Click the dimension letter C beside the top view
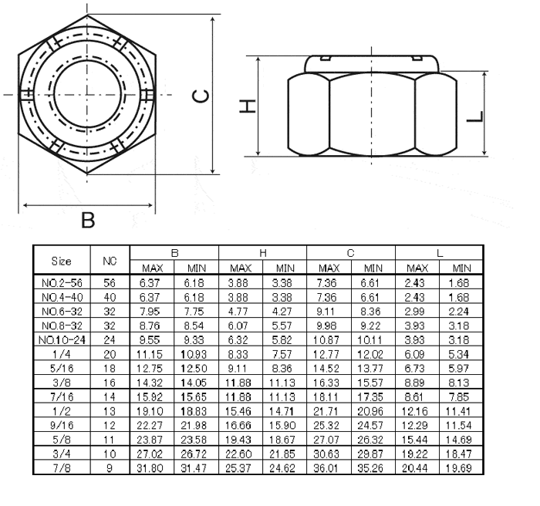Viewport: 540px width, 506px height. pyautogui.click(x=199, y=96)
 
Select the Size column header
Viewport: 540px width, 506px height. pyautogui.click(x=62, y=260)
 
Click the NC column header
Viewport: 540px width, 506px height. pyautogui.click(x=110, y=260)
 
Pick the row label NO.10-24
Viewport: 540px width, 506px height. pyautogui.click(x=62, y=339)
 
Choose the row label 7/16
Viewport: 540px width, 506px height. pyautogui.click(x=62, y=394)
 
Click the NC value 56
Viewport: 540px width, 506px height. pyautogui.click(x=110, y=284)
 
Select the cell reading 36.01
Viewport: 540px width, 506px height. pyautogui.click(x=329, y=467)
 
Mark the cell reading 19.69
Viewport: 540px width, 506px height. pyautogui.click(x=461, y=467)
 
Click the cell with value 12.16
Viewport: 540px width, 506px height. pyautogui.click(x=417, y=408)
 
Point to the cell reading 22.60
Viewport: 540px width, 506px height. pyautogui.click(x=241, y=453)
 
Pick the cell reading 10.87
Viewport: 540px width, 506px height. pyautogui.click(x=329, y=339)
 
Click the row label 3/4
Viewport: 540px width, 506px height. pyautogui.click(x=62, y=453)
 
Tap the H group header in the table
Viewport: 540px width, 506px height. pyautogui.click(x=262, y=252)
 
